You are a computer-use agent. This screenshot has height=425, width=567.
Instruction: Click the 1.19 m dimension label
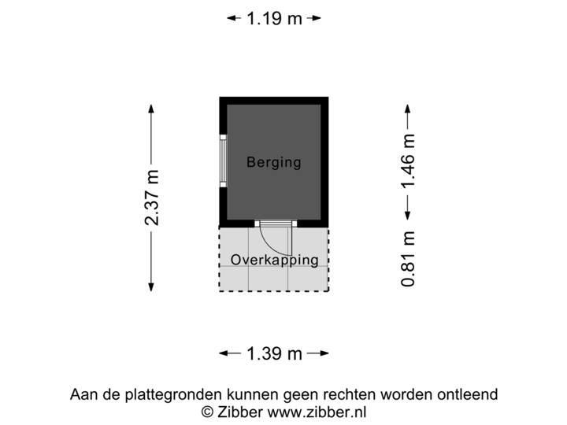coord(273,17)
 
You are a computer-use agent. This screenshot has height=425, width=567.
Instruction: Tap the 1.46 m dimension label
coord(408,162)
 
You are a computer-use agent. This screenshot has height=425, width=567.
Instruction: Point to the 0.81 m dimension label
coord(408,259)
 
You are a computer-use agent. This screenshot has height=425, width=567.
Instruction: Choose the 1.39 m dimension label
coord(273,354)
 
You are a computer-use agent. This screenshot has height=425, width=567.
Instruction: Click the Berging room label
coord(273,163)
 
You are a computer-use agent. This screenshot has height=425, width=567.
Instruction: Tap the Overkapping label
coord(274,260)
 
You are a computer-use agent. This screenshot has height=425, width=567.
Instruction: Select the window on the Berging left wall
coord(224,161)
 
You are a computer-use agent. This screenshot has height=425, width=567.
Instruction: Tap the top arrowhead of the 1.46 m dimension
coord(407,108)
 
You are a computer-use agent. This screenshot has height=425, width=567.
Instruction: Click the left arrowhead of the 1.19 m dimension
coord(230,17)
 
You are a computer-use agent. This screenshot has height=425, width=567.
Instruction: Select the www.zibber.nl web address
coord(316,412)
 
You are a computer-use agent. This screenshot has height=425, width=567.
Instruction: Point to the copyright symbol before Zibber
coord(207,412)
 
